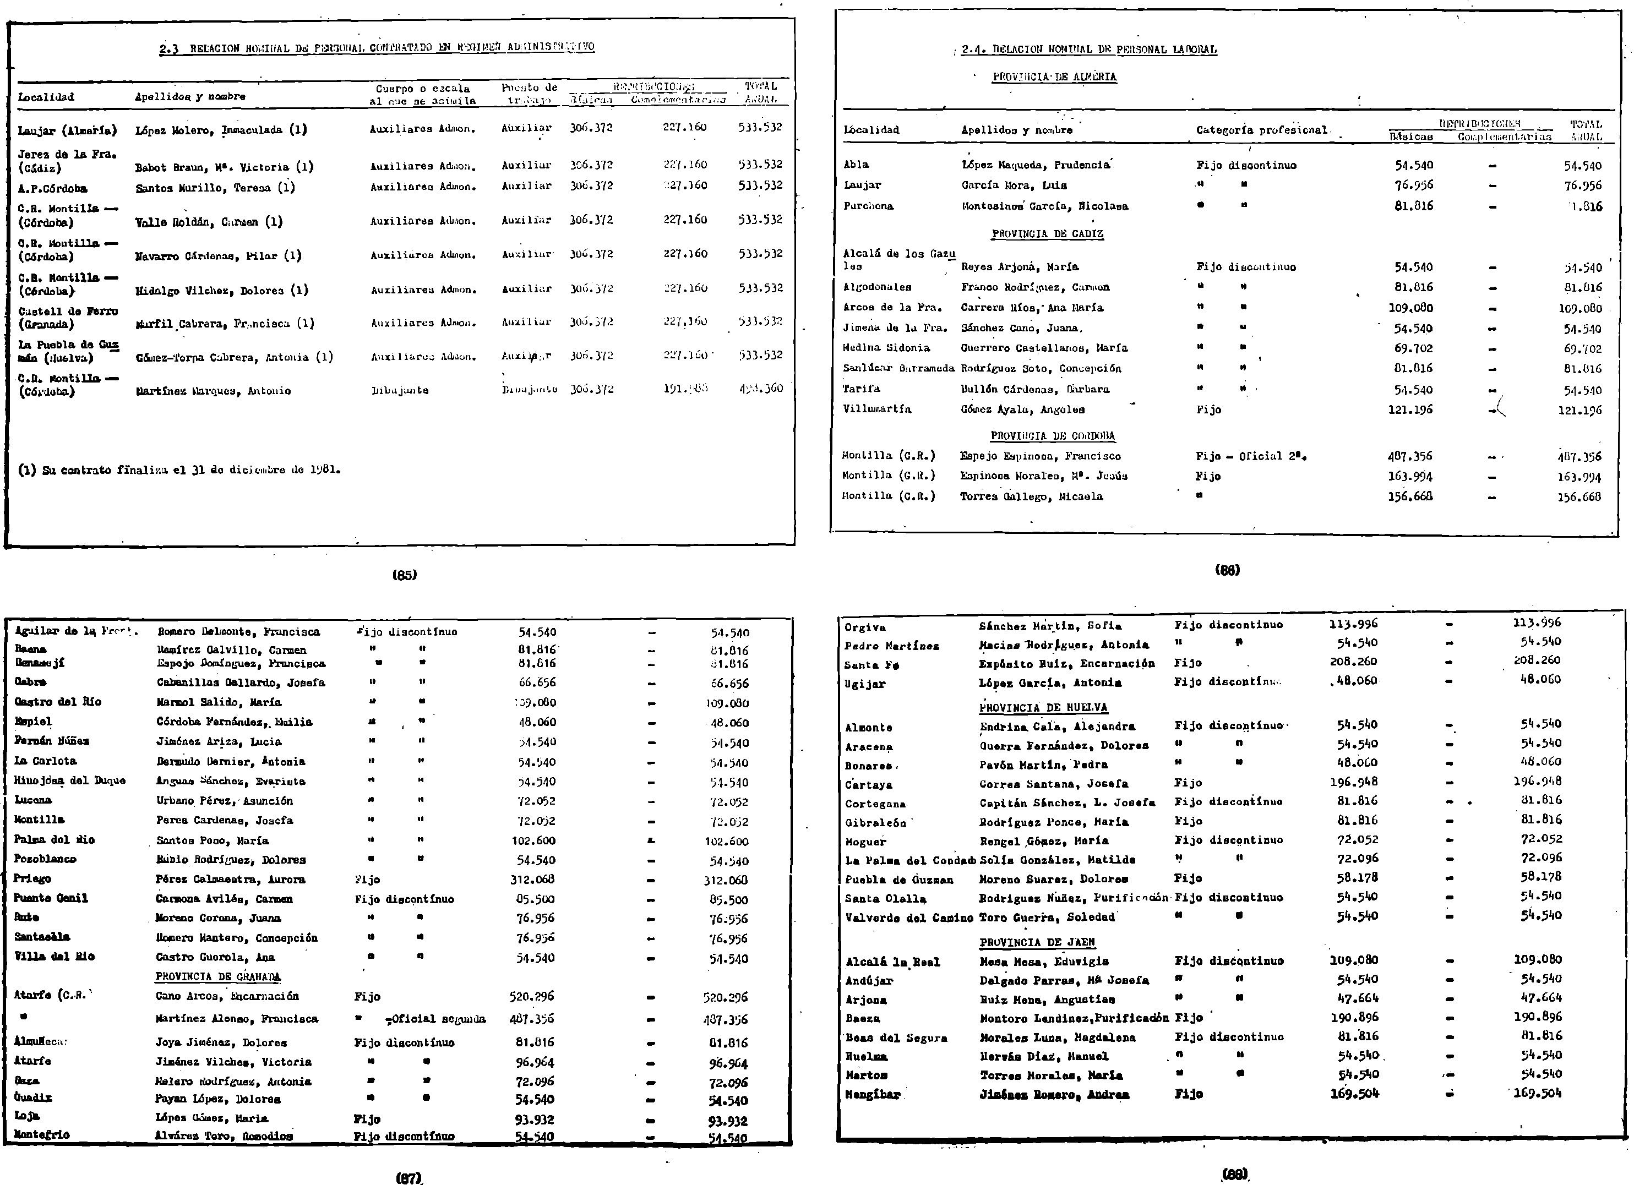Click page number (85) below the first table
coord(404,575)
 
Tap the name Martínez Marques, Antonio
coord(213,391)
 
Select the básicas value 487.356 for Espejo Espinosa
coord(1410,456)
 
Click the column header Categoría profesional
coord(1261,130)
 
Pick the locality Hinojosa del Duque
coord(70,780)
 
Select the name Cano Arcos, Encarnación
coord(227,996)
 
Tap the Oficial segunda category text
coord(436,1019)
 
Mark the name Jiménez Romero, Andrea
coord(1054,1094)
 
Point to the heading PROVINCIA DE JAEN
coord(1037,942)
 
